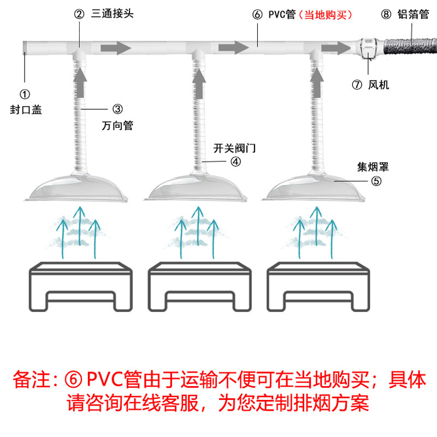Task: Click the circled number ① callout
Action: tap(25, 94)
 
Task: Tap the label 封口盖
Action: tap(26, 110)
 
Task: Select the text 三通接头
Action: tap(113, 14)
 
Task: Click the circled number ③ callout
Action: tap(117, 109)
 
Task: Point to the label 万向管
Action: tap(117, 126)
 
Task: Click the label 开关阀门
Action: tap(234, 148)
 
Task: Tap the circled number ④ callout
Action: tap(236, 162)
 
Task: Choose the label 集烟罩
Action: tap(373, 167)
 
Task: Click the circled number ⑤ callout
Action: tap(376, 181)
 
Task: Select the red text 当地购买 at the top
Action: tap(325, 15)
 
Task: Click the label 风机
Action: tap(379, 85)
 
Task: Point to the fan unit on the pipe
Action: tap(369, 48)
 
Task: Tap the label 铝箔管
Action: tap(413, 14)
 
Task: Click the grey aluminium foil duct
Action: tap(410, 46)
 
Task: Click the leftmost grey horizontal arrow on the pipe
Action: tap(116, 48)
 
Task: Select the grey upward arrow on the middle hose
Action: tap(199, 83)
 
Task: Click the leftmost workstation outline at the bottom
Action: tap(80, 286)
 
